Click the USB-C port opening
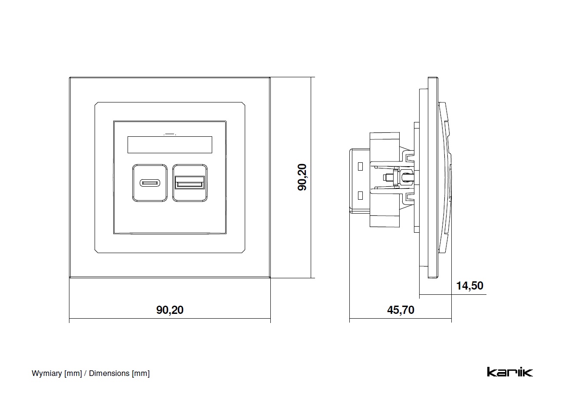pos(150,183)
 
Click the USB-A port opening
pos(189,183)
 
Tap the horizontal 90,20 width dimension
pos(170,310)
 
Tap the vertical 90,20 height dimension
pos(302,177)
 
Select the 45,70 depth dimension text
pos(400,310)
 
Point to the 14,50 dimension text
pos(470,286)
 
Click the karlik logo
pos(509,372)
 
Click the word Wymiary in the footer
pos(47,373)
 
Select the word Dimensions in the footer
pos(109,373)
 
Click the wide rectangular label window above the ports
pos(170,145)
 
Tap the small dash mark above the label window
pos(170,134)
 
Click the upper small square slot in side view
pos(360,166)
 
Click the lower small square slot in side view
pos(360,195)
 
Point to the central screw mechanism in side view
pos(393,178)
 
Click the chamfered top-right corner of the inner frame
pos(243,104)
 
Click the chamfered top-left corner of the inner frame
pos(97,104)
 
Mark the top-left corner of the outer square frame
pos(70,78)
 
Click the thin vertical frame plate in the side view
pos(433,178)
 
